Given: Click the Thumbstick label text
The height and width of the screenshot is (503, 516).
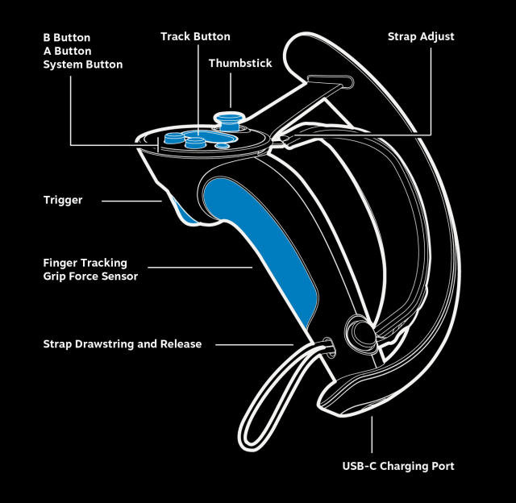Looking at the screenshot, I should (x=240, y=63).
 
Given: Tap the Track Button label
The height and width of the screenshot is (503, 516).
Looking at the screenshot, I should (x=195, y=37).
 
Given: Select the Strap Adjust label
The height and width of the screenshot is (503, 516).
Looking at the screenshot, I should (x=421, y=37).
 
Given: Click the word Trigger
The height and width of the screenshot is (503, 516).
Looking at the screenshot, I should (x=63, y=200).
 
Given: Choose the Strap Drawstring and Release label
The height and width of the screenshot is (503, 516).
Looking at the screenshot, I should (x=123, y=344).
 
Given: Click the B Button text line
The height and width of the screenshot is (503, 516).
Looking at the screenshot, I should (x=67, y=38).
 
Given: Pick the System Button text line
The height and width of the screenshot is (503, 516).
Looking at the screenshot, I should (x=83, y=64).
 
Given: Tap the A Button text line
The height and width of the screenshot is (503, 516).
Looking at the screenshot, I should (x=67, y=51).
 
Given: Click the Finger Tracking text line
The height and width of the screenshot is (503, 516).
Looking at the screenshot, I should (x=85, y=263).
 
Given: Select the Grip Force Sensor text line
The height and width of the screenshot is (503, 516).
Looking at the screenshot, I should (x=90, y=276).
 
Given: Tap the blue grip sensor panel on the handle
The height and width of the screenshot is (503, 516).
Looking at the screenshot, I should (x=262, y=250).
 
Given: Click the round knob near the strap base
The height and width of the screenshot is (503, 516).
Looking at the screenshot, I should (x=356, y=331).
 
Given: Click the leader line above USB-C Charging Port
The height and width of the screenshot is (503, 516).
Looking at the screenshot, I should (x=372, y=435).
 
